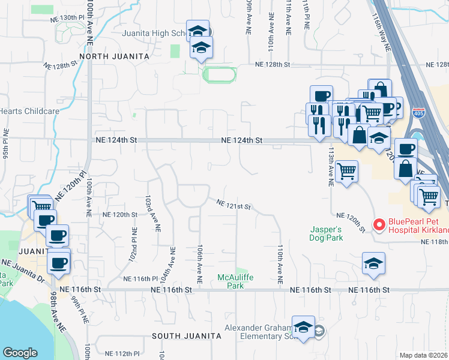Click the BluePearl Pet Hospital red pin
click(379, 225)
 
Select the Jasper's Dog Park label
click(327, 233)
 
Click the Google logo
click(20, 353)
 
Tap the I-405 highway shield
click(417, 113)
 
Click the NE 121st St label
click(234, 205)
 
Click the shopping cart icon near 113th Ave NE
click(347, 172)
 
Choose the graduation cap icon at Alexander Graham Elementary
click(304, 327)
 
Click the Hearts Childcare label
click(29, 111)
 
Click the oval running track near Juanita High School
click(220, 75)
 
